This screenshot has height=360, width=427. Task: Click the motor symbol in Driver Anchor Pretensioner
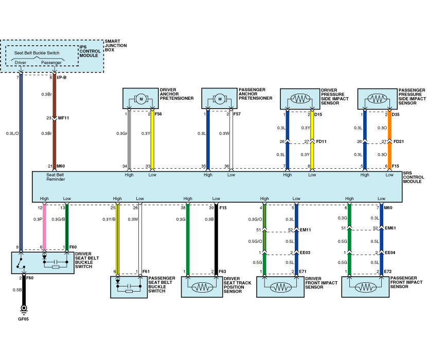(x=140, y=98)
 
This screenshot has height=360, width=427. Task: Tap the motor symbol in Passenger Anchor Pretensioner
(x=220, y=98)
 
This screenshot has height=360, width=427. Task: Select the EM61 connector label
(x=391, y=228)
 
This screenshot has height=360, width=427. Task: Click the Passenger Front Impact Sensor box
(x=365, y=286)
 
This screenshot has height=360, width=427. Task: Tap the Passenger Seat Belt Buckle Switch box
(x=129, y=287)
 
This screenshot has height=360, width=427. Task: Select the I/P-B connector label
(x=62, y=78)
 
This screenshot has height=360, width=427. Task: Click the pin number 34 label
(x=124, y=167)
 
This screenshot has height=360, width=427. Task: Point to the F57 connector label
(x=237, y=114)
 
